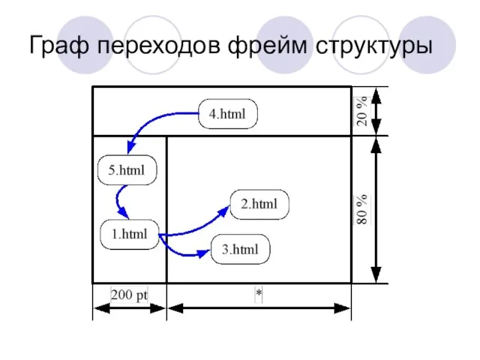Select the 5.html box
[x=127, y=170]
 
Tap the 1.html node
[x=129, y=234]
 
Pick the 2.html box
[x=259, y=204]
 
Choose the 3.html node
[x=240, y=250]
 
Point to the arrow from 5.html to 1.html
[x=119, y=202]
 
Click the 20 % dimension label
[x=362, y=111]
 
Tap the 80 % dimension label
[x=362, y=209]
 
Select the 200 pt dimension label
[x=129, y=295]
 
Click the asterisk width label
[x=258, y=295]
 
